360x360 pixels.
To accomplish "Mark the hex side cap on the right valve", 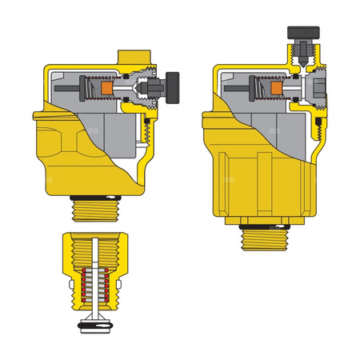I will (321, 89).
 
